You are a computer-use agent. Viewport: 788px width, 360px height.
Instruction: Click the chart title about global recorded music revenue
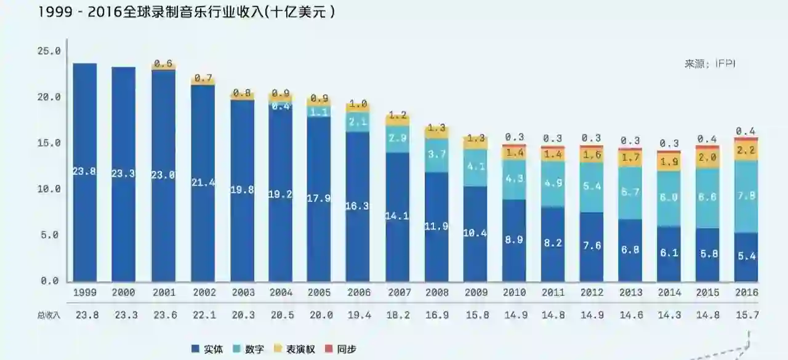pos(187,12)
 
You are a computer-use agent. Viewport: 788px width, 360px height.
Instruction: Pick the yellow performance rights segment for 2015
pos(707,158)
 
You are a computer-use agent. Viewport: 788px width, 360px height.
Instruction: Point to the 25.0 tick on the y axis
pos(49,51)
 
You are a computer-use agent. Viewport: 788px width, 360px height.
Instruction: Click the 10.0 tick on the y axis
pos(49,189)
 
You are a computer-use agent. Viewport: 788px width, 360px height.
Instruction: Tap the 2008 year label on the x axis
pos(436,293)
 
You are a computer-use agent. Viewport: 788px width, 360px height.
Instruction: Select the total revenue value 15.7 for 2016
pos(746,314)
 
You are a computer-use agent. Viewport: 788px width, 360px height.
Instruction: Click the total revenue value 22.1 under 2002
pos(203,314)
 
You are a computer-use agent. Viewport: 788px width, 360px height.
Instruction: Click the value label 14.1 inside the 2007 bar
pos(398,215)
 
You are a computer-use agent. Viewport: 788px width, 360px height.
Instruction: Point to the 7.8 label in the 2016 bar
pos(746,195)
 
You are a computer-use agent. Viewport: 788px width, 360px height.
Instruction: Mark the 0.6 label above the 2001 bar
pos(163,63)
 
